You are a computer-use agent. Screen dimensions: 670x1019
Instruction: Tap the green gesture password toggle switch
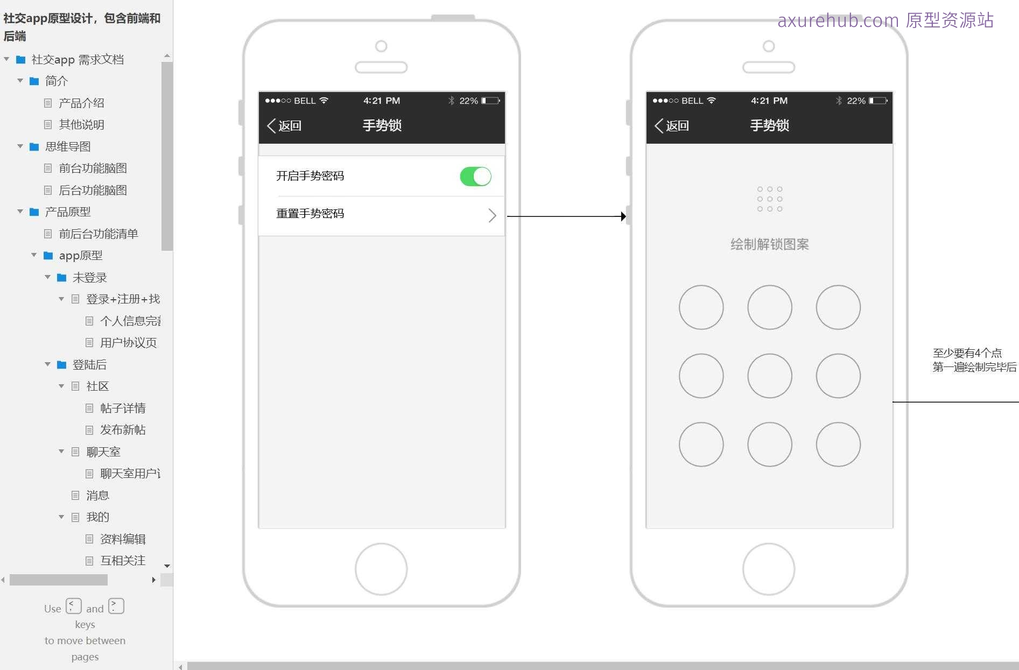pyautogui.click(x=475, y=177)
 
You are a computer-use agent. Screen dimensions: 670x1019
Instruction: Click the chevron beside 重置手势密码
pyautogui.click(x=492, y=215)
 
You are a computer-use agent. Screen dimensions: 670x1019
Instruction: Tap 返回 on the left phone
pyautogui.click(x=284, y=126)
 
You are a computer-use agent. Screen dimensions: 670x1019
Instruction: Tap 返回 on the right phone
pyautogui.click(x=672, y=126)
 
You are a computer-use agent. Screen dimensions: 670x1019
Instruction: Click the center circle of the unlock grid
pyautogui.click(x=770, y=376)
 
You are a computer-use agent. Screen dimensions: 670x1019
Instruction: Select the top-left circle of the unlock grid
pyautogui.click(x=701, y=307)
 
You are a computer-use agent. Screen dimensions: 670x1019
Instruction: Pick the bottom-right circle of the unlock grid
pyautogui.click(x=838, y=445)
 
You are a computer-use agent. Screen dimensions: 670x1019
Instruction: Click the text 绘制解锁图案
pyautogui.click(x=770, y=244)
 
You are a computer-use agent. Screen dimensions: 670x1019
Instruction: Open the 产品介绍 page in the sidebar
pyautogui.click(x=81, y=103)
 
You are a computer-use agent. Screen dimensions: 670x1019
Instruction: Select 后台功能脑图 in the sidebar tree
pyautogui.click(x=93, y=190)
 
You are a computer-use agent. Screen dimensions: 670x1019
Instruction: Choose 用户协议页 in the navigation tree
pyautogui.click(x=128, y=343)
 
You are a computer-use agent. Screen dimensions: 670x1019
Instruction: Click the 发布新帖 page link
pyautogui.click(x=123, y=430)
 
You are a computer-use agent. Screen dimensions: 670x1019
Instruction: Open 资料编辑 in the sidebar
pyautogui.click(x=123, y=539)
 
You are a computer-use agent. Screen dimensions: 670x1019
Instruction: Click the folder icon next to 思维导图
pyautogui.click(x=34, y=146)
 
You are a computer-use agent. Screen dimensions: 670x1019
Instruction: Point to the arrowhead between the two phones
pyautogui.click(x=623, y=216)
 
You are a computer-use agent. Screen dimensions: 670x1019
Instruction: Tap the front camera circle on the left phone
pyautogui.click(x=381, y=46)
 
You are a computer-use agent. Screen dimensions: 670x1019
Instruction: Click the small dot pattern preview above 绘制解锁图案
pyautogui.click(x=770, y=199)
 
